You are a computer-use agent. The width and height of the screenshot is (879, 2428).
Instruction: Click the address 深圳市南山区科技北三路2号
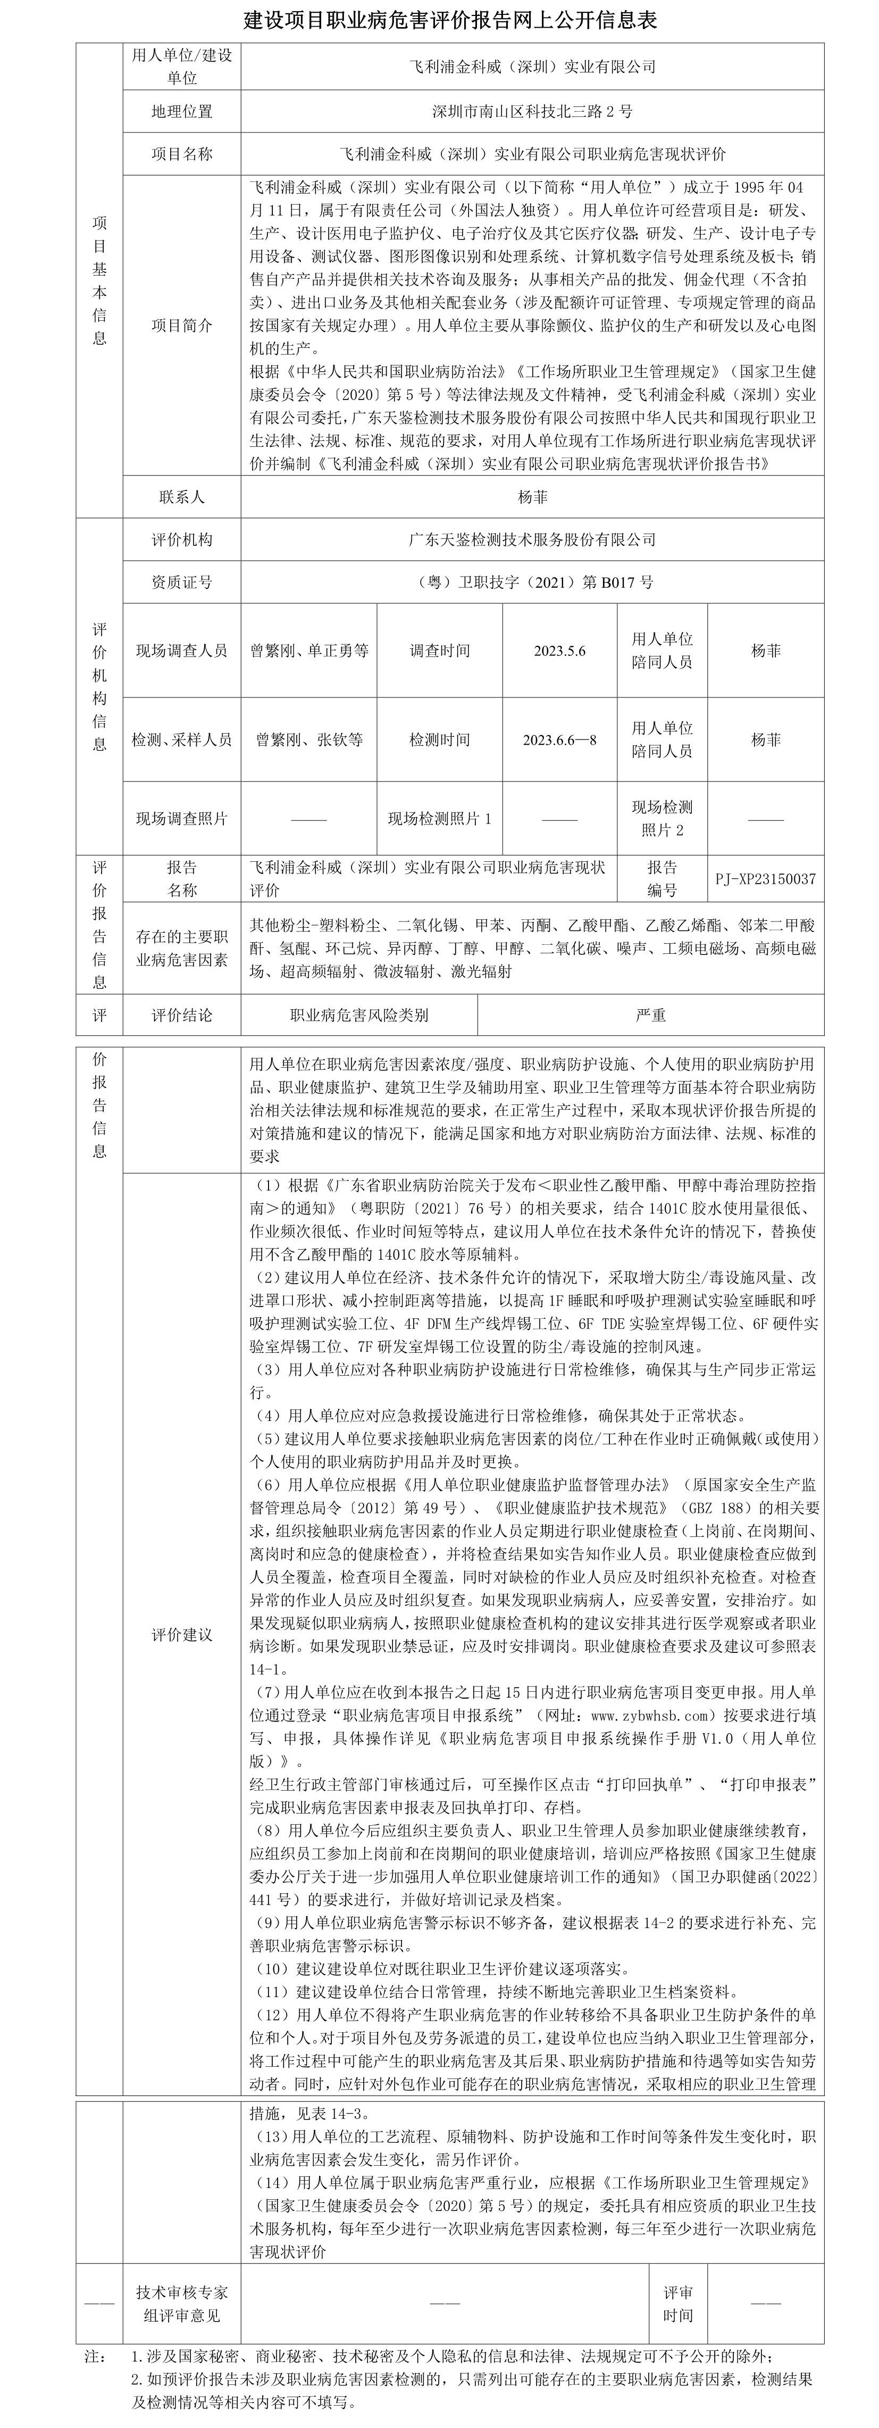532,111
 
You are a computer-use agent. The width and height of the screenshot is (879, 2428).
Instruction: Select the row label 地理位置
182,111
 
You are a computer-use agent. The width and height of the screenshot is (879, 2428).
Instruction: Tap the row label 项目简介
182,325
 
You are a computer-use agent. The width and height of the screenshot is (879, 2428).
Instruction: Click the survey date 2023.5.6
559,650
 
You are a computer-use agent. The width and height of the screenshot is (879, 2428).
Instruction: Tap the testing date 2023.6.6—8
559,740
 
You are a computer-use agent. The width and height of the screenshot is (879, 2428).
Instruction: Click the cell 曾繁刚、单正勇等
309,650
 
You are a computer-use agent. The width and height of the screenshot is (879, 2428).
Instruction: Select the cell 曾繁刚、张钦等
309,740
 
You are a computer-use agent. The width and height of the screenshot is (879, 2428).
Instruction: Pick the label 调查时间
439,650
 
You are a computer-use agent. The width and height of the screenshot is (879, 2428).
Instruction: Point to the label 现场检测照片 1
439,818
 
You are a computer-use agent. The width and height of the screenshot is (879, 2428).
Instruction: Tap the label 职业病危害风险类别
359,1015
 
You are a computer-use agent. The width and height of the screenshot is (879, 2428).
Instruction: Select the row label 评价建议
182,1634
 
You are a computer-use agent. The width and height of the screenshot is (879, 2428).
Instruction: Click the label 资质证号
182,583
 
